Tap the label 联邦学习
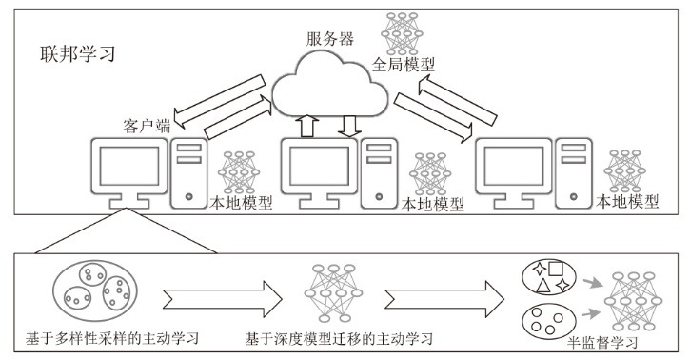click(x=77, y=54)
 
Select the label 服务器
click(x=330, y=39)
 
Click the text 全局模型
click(x=404, y=65)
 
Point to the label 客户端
click(x=147, y=127)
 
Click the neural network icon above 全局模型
click(x=402, y=33)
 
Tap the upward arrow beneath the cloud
click(x=306, y=126)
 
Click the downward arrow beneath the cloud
click(x=349, y=126)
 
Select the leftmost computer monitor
click(x=128, y=173)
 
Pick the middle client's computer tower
click(x=379, y=173)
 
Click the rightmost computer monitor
click(x=514, y=173)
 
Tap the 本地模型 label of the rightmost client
click(x=627, y=202)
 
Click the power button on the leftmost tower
click(x=189, y=197)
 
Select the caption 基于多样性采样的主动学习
click(x=112, y=338)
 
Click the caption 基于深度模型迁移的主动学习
click(x=339, y=338)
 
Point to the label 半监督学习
click(x=602, y=343)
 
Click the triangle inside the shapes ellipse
click(x=543, y=286)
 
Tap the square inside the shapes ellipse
click(x=556, y=269)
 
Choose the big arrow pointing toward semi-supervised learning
click(x=444, y=299)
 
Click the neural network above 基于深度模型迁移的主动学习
click(x=333, y=292)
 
